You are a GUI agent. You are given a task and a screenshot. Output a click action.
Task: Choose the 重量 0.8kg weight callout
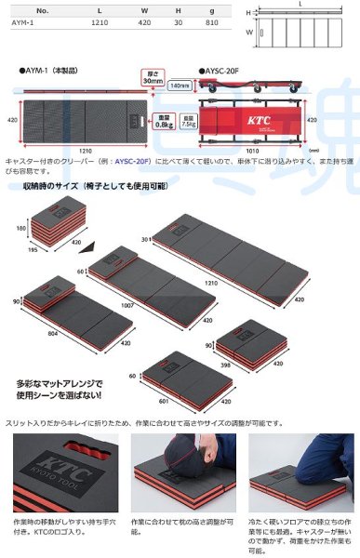point(160,119)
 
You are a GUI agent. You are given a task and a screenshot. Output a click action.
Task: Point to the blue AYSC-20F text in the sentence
point(131,160)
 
